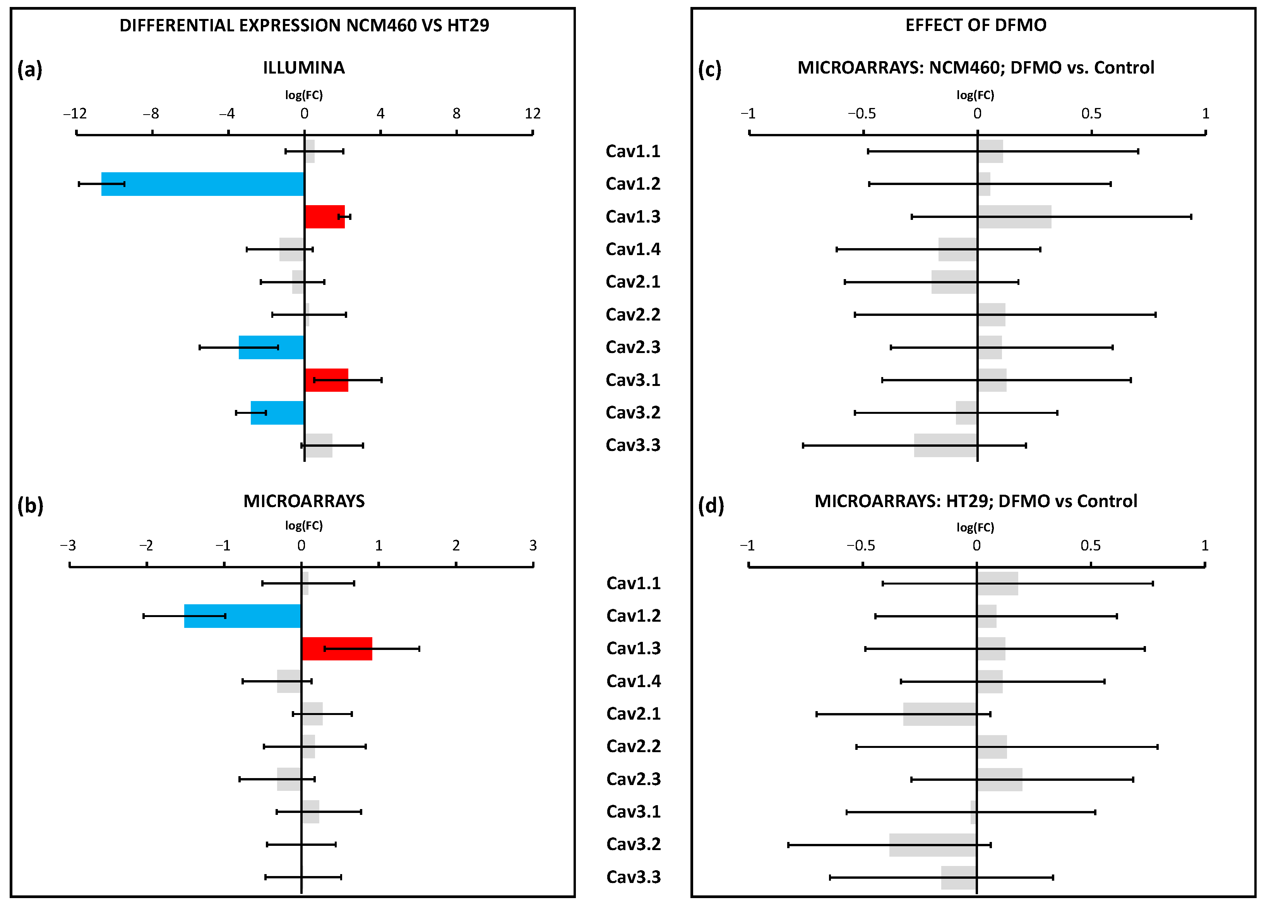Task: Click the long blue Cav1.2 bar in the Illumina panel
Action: tap(202, 184)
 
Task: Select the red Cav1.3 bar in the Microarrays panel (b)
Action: tap(337, 649)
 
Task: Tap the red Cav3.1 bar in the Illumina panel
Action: tap(327, 380)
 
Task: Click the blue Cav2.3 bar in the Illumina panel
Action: tap(271, 347)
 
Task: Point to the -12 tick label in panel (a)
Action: tap(75, 114)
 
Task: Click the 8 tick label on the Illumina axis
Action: tap(456, 114)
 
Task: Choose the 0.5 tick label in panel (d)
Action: tap(1091, 545)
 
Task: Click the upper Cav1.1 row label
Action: tap(633, 151)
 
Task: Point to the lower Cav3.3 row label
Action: tap(634, 877)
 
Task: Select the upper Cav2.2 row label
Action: tap(633, 314)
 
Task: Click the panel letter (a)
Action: tap(30, 69)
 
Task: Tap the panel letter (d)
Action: tap(711, 505)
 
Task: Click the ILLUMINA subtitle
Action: tap(304, 67)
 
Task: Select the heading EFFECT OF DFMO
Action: tap(976, 25)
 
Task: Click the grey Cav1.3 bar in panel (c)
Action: tap(1014, 217)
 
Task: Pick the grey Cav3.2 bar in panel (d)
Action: tap(932, 845)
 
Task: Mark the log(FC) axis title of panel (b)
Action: tap(304, 525)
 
